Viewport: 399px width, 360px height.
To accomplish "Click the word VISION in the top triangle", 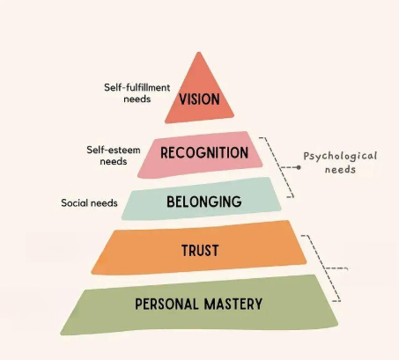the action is point(199,99).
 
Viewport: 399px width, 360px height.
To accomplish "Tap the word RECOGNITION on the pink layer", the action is point(204,153).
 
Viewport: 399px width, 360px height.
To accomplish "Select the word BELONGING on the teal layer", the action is point(204,202).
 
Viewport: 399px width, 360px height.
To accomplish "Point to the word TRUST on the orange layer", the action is point(200,251).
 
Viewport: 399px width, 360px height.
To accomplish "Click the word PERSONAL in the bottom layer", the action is point(166,304).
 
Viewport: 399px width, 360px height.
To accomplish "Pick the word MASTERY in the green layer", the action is point(233,304).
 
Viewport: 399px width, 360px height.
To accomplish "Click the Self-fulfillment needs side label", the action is point(137,93).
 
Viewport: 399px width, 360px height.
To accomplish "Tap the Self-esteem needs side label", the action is point(114,156).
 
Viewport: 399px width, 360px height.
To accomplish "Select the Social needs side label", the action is point(89,203).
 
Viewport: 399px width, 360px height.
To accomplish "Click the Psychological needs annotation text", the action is point(340,163).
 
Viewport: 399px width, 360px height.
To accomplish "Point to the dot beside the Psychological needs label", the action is point(299,167).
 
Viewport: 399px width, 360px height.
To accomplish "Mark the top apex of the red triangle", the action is point(199,53).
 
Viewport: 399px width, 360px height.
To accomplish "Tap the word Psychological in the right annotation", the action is point(340,157).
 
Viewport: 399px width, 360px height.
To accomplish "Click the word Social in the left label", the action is point(75,203).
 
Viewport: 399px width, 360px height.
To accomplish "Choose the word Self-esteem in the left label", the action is point(114,150).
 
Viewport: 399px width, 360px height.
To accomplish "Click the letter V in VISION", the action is point(182,99).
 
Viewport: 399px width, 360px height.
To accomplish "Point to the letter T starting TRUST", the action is point(185,251).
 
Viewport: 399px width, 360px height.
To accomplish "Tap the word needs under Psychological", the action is point(340,170).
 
